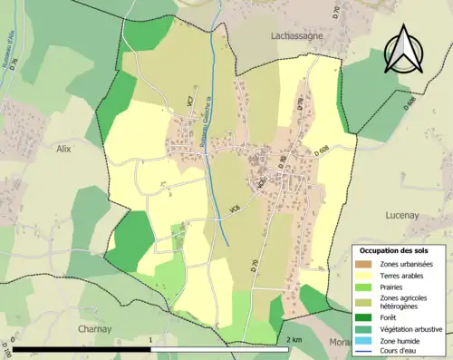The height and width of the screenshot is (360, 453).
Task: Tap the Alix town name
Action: point(63,148)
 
